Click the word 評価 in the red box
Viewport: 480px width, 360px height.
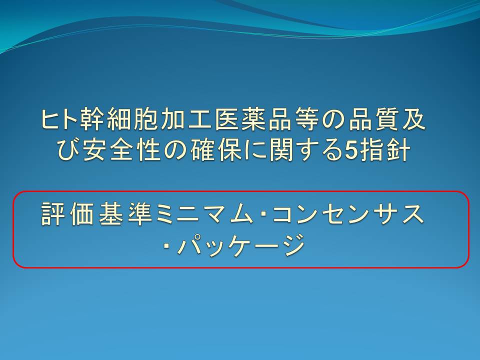[x=67, y=213]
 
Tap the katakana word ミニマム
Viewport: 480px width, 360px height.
[x=203, y=213]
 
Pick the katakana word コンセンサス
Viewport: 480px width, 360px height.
[x=347, y=213]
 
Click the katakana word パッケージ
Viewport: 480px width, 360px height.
[x=240, y=244]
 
